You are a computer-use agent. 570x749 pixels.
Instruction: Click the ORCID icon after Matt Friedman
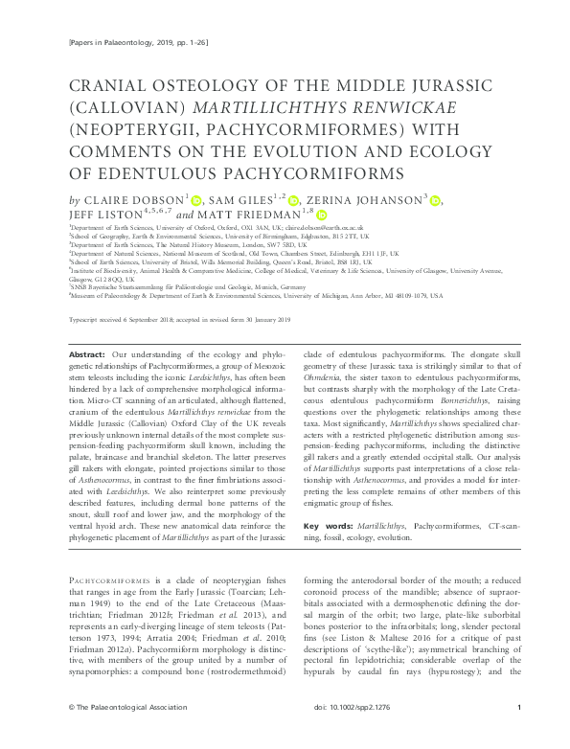pos(322,217)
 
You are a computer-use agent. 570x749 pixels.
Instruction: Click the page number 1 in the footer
pos(518,734)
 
